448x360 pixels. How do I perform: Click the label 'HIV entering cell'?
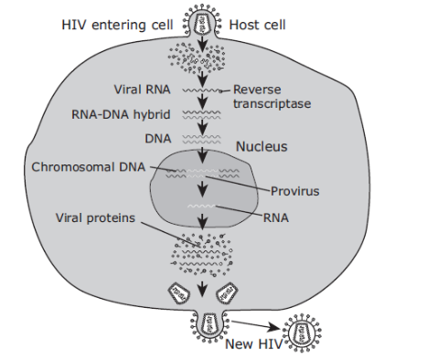point(117,25)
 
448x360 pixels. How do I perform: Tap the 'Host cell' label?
point(257,25)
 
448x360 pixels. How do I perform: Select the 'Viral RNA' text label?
point(142,90)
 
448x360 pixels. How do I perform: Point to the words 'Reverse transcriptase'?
point(272,97)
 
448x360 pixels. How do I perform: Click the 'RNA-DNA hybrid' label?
point(121,114)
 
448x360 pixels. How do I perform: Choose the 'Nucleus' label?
point(261,146)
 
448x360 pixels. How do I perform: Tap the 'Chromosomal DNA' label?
point(89,167)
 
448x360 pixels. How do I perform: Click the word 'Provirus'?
point(295,191)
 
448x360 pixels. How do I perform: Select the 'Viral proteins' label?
point(95,218)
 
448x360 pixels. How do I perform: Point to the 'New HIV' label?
point(254,344)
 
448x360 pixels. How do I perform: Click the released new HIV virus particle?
point(302,334)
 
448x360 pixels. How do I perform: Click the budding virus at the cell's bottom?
point(208,325)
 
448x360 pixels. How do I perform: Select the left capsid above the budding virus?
point(179,293)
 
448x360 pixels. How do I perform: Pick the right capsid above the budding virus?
point(227,293)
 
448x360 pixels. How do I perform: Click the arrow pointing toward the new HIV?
point(255,325)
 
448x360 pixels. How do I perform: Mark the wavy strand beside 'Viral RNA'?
point(202,90)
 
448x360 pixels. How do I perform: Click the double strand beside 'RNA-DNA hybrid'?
point(201,115)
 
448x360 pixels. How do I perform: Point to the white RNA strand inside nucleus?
point(201,206)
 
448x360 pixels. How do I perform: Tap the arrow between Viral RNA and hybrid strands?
point(202,101)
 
